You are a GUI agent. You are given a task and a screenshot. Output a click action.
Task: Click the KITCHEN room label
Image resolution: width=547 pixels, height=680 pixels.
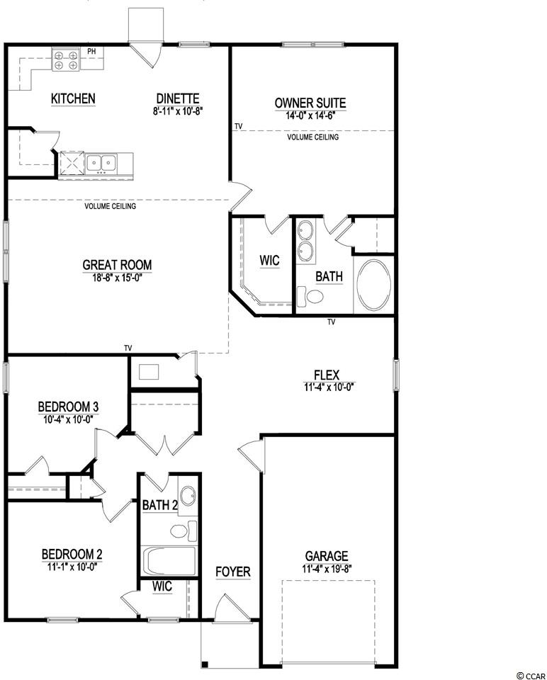click(73, 98)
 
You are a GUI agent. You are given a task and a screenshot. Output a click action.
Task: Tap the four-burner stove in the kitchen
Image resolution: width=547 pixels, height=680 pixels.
click(66, 59)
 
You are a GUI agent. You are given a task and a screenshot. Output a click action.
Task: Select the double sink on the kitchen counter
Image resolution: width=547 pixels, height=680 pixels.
click(101, 163)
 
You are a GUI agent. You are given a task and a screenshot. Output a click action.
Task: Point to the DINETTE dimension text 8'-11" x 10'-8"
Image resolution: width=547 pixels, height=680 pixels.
click(178, 110)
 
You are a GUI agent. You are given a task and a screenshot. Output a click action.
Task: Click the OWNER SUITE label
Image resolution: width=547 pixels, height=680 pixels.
click(310, 103)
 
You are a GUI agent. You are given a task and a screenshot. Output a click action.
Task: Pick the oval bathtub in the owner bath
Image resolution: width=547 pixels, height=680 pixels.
click(373, 285)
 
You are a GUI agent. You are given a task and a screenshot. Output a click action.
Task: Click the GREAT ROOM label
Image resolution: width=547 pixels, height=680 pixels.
click(117, 265)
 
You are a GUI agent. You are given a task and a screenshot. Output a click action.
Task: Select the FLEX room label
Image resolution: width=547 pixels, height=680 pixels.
click(327, 375)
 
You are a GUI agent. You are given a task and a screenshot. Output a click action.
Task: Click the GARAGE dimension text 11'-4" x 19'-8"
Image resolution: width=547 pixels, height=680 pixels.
click(327, 569)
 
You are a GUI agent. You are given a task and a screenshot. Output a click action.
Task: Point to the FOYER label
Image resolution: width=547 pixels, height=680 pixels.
click(233, 572)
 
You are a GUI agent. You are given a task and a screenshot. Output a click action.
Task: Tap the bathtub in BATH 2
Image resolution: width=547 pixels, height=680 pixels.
click(169, 561)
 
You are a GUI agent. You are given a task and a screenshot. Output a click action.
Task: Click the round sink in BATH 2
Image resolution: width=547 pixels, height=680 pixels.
click(187, 496)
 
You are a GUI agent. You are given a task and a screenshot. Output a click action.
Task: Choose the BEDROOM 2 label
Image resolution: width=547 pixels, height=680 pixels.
click(72, 554)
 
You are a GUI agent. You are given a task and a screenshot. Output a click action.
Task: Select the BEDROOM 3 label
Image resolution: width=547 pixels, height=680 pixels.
click(68, 407)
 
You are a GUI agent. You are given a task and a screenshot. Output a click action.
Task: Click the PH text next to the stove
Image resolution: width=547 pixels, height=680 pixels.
click(91, 52)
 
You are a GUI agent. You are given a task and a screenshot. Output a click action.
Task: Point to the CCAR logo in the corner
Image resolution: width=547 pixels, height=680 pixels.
click(531, 676)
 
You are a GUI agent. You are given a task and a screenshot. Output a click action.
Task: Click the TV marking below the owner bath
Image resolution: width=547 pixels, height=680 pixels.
click(332, 322)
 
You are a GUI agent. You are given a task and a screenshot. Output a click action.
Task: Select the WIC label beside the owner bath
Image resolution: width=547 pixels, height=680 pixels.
click(269, 261)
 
